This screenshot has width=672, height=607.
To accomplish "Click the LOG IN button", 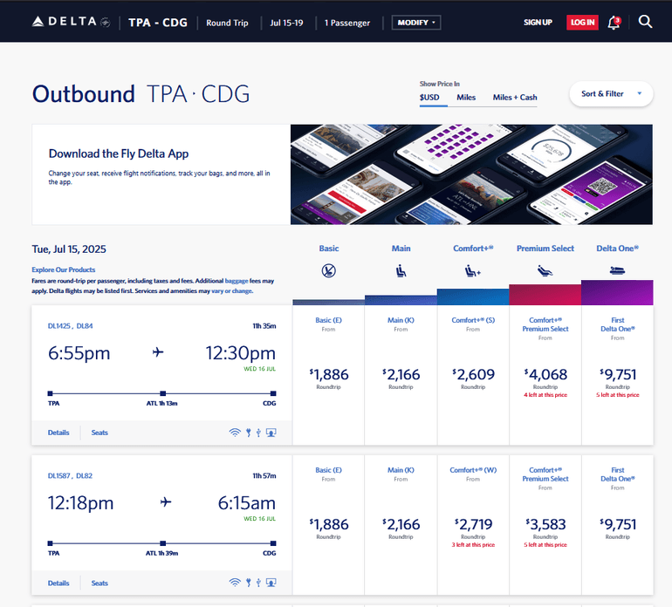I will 581,22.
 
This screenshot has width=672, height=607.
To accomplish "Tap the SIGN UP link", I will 538,22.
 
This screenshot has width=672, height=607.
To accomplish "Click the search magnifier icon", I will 645,22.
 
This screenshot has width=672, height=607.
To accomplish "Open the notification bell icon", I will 614,22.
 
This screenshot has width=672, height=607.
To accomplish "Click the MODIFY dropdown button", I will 416,22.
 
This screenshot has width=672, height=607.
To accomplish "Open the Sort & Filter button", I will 611,93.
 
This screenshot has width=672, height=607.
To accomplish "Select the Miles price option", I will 466,97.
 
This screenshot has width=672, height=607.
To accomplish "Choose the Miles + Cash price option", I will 515,97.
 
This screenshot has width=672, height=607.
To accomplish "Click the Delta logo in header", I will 70,22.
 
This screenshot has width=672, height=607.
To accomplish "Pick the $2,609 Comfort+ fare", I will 473,375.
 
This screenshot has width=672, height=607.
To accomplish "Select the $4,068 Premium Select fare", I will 545,375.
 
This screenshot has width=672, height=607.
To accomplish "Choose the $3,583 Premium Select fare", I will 545,524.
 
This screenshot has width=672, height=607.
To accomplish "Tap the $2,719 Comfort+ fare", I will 473,524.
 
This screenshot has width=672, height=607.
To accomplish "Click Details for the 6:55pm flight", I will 58,433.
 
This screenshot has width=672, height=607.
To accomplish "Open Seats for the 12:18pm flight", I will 99,583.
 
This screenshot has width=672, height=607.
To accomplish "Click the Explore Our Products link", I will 64,269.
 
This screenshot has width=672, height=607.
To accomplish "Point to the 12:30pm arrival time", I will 240,353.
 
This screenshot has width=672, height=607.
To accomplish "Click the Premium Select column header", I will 545,249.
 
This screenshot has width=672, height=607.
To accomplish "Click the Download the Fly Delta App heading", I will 119,153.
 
